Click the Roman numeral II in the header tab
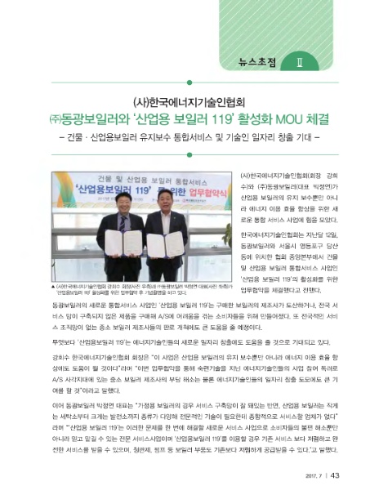coord(301,61)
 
